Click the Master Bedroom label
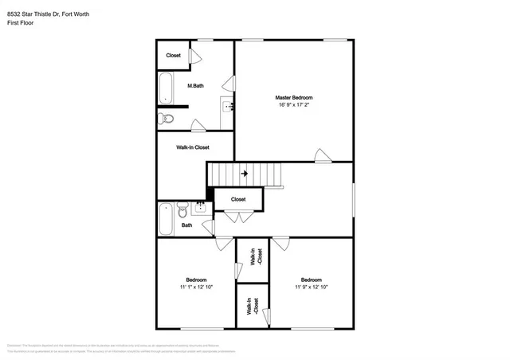click(x=294, y=97)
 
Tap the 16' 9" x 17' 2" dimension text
click(x=294, y=104)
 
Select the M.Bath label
click(x=196, y=85)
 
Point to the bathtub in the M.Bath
click(x=167, y=88)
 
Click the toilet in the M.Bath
click(x=165, y=119)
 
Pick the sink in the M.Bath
click(x=228, y=107)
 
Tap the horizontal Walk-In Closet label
click(x=193, y=147)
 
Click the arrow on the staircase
click(x=244, y=171)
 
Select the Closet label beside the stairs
click(x=238, y=199)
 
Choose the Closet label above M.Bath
click(x=173, y=55)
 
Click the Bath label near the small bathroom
click(x=186, y=225)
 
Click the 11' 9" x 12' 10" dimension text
click(x=311, y=287)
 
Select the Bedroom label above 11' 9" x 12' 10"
click(x=311, y=280)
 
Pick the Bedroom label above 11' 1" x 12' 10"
click(x=196, y=280)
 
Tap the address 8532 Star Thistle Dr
click(x=36, y=13)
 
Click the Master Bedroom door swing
click(x=321, y=155)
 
